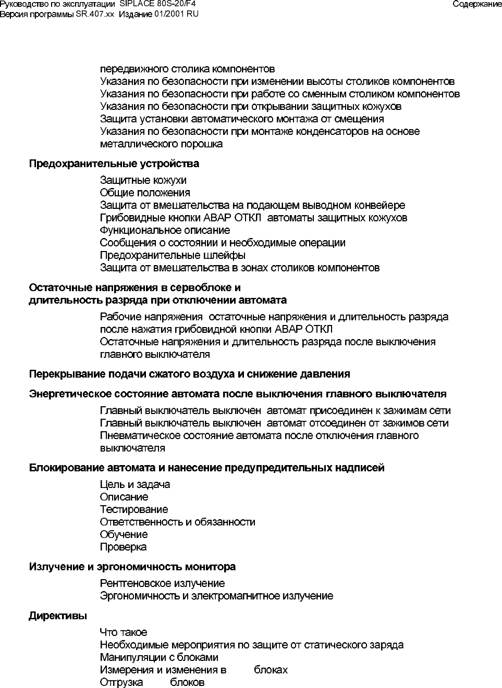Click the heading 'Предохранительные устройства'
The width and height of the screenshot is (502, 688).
114,164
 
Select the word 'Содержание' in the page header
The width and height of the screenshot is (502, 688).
477,4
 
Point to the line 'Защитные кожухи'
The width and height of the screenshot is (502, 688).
143,180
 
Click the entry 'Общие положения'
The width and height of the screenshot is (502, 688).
145,193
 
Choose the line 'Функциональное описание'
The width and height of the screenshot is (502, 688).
165,230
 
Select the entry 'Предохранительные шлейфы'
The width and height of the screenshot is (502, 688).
173,255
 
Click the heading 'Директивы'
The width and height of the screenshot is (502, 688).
58,616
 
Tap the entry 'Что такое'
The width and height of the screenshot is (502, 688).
124,632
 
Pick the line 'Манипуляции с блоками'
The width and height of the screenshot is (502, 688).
159,657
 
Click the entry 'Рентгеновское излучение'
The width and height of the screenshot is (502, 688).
162,583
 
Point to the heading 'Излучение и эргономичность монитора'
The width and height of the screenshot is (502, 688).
132,567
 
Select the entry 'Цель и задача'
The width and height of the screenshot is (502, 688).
135,484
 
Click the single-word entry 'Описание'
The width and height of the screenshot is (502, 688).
124,497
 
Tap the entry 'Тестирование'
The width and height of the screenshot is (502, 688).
134,509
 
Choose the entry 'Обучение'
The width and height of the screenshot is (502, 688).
124,534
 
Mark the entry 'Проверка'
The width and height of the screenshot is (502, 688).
123,547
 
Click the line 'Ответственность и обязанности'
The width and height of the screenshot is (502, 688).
177,522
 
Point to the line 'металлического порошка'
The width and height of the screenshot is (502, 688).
161,144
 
